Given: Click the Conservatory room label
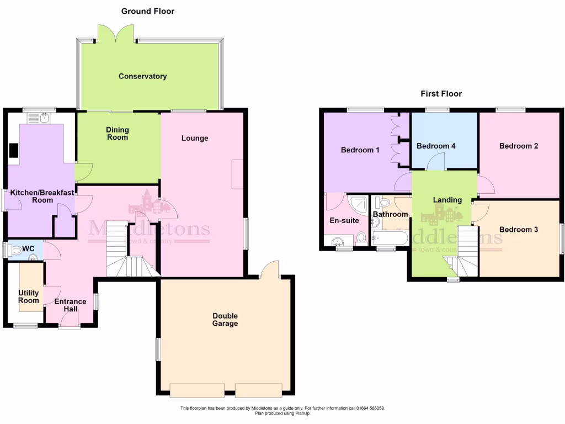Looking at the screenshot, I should pos(142,76).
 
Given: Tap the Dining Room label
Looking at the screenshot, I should pos(117,134).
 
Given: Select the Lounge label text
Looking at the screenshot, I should pos(195,138).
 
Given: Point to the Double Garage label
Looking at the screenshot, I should pos(225,320).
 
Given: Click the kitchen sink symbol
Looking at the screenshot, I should pos(39,118).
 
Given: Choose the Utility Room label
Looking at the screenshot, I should pos(29,296).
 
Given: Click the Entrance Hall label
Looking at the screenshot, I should pos(70,305).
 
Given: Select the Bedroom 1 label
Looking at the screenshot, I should pos(360,150).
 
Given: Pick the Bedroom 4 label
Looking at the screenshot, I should pos(436,146).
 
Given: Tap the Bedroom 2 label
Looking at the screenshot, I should pos(518,146).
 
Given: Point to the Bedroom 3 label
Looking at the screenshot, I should pos(518,229).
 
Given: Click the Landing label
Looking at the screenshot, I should pos(447,200).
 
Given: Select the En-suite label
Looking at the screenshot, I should pos(345,220).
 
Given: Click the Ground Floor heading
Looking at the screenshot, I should pos(148,11).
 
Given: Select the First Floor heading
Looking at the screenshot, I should pos(441,94).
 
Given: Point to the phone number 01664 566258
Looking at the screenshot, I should pos(370,408).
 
